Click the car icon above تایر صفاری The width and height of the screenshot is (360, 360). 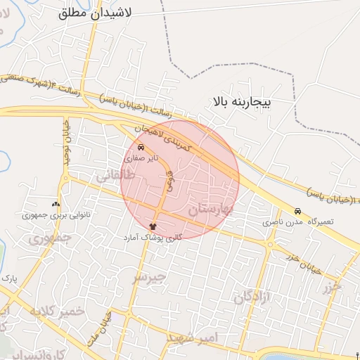pos(141,148)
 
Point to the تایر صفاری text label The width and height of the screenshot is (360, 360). pos(139,160)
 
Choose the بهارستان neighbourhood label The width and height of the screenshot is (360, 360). pos(210,207)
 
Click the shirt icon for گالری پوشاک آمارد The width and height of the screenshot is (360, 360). pos(154,226)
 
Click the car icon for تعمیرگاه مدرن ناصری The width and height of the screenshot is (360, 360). pos(297,211)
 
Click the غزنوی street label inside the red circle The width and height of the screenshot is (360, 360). pos(169,181)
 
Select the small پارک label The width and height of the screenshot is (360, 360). pos(9,279)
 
